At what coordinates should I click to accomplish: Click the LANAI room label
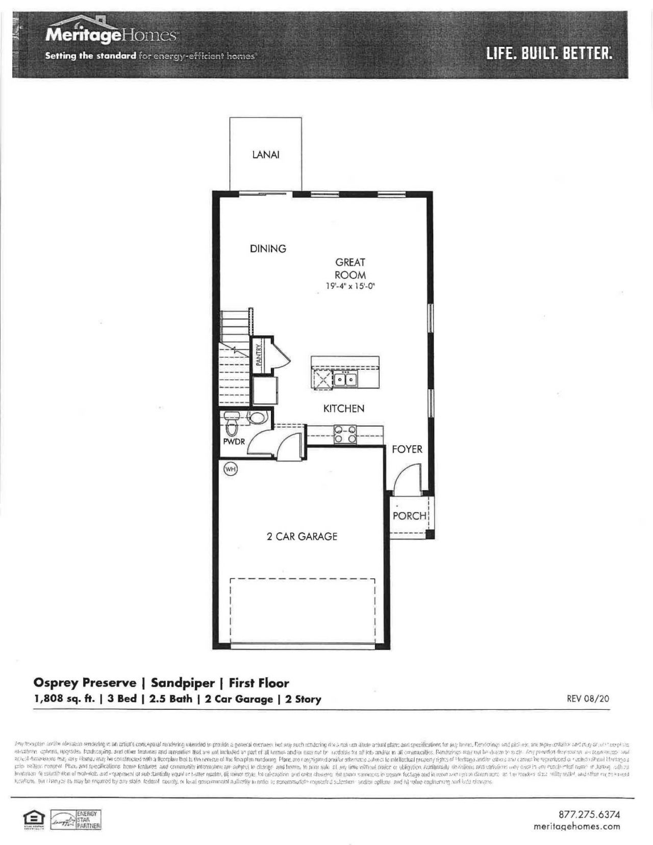tap(266, 155)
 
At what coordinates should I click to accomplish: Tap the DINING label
tap(268, 249)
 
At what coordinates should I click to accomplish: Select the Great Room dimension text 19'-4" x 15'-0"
tap(350, 287)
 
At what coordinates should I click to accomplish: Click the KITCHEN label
tap(344, 408)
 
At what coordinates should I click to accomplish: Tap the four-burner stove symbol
tap(345, 434)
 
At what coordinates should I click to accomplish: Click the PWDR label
tap(234, 442)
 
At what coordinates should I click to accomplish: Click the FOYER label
tap(407, 449)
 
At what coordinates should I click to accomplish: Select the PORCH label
tap(409, 516)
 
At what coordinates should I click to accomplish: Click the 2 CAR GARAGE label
tap(302, 536)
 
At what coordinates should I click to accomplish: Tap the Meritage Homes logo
tap(111, 35)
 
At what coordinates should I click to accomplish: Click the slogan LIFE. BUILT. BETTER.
tap(549, 53)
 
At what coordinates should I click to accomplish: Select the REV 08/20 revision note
tap(588, 699)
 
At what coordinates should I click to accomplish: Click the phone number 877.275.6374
tap(590, 815)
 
